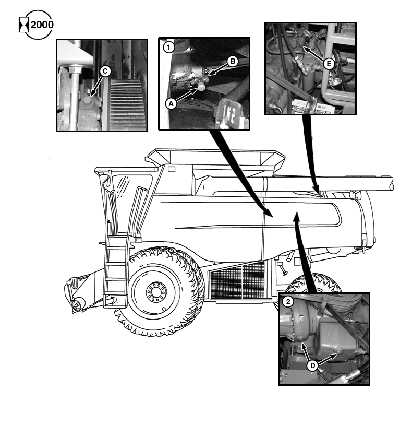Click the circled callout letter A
(x=170, y=103)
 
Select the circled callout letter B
(x=233, y=61)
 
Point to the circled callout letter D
(x=312, y=365)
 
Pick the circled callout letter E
(x=329, y=64)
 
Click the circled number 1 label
(x=168, y=47)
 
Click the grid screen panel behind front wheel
(x=237, y=280)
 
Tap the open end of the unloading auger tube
(x=392, y=183)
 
